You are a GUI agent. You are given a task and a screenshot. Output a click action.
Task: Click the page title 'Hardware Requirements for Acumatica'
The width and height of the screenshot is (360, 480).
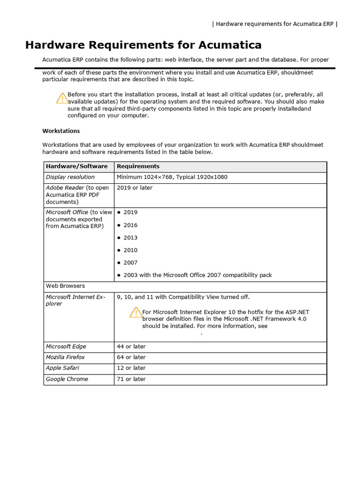(143, 45)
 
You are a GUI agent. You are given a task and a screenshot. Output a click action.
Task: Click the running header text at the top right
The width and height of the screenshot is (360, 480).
(275, 24)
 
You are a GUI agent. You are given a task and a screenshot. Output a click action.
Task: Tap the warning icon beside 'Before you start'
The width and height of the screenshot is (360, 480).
(62, 98)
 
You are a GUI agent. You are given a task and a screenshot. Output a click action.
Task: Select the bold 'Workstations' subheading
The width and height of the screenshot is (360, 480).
(61, 131)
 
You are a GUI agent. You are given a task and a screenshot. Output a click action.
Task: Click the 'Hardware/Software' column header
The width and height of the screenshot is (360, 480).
(76, 166)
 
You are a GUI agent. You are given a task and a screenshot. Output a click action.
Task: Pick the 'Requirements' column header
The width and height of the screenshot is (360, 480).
(138, 166)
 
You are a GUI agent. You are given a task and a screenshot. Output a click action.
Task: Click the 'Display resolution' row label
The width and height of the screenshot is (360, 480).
(70, 177)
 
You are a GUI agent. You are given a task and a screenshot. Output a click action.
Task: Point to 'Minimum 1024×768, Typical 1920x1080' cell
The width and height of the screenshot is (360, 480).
(172, 177)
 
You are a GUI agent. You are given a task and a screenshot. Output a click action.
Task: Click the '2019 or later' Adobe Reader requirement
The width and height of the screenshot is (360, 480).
(135, 188)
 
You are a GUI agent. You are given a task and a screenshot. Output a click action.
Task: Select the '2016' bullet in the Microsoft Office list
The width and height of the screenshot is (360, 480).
(130, 225)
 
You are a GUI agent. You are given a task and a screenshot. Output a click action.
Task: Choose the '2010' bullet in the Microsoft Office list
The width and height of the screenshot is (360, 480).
(130, 250)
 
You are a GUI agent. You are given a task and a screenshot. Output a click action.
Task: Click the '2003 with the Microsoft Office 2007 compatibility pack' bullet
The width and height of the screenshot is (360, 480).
(197, 275)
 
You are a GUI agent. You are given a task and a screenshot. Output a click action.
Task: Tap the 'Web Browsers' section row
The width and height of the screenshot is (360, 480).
(65, 286)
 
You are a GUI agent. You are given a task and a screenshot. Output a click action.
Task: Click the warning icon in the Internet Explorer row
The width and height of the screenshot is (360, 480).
(135, 312)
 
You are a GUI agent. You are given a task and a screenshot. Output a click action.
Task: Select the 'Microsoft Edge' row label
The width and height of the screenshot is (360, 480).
(66, 347)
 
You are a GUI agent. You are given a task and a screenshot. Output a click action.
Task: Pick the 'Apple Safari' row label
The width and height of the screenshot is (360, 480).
(62, 368)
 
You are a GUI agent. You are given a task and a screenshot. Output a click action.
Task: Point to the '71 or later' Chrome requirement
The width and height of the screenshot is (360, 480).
(131, 379)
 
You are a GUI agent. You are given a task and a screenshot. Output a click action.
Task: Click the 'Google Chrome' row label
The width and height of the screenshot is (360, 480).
(67, 379)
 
